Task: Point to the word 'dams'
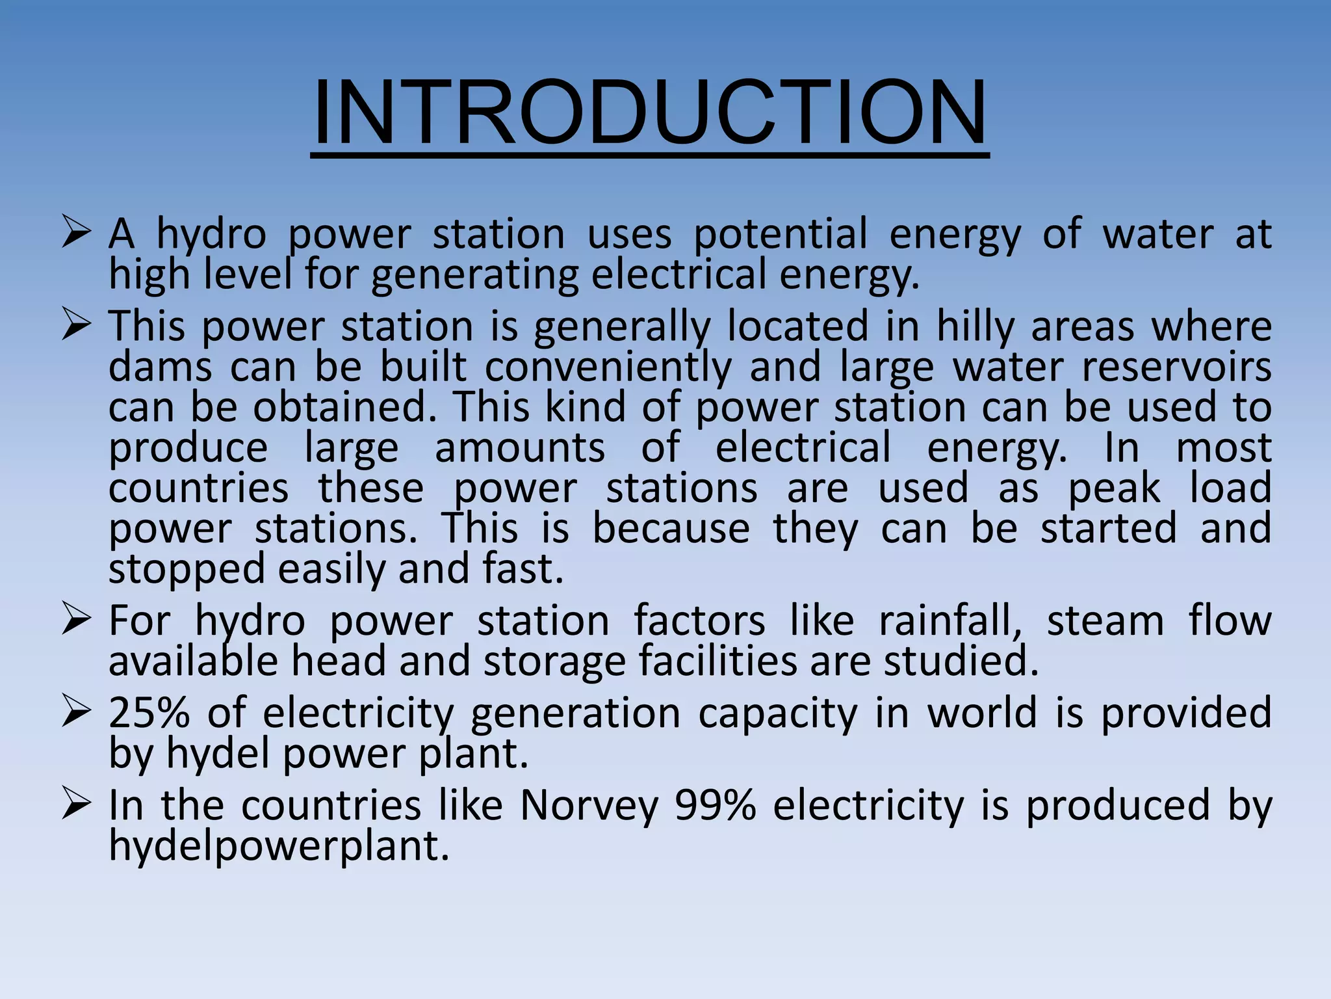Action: (160, 367)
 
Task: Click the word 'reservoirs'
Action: (1176, 367)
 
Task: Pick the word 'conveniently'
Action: (608, 368)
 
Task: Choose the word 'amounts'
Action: (519, 448)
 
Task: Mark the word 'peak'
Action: (1114, 488)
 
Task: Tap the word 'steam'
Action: (1105, 621)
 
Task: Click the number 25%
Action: (149, 713)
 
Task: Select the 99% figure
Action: (716, 805)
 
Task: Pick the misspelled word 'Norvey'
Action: (589, 805)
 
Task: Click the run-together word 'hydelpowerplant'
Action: (279, 846)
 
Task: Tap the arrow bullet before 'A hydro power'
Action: (75, 233)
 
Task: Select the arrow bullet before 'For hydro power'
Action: (75, 620)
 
